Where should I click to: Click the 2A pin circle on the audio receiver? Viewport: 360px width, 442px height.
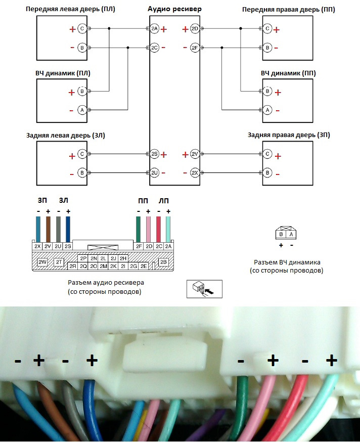point(155,28)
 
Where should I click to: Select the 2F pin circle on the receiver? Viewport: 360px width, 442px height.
point(195,48)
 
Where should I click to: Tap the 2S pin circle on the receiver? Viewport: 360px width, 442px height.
point(155,154)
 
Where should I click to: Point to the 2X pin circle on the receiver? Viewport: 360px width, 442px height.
point(195,172)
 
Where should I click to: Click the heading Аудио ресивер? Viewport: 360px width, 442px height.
point(174,9)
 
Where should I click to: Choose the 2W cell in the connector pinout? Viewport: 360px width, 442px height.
point(42,262)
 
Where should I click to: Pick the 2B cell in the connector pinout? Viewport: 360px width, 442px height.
point(163,262)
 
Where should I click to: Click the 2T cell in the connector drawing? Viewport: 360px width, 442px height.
point(59,262)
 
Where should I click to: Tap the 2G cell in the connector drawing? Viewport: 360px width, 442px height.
point(133,266)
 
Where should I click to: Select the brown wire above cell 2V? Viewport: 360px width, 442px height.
point(48,230)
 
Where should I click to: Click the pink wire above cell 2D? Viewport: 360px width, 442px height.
point(148,230)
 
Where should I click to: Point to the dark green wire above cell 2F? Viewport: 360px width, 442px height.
point(139,230)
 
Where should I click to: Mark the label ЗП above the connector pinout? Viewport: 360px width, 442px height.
point(42,200)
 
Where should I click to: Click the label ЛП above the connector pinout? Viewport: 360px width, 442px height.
point(163,201)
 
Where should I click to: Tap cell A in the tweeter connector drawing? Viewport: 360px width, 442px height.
point(291,234)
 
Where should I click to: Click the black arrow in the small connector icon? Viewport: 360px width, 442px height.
point(209,290)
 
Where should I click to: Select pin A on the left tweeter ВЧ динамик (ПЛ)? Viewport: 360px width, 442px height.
point(82,110)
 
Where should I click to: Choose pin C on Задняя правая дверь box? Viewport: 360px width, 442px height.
point(267,154)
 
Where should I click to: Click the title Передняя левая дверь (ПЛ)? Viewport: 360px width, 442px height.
point(70,9)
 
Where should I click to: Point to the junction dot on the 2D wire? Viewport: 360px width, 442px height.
point(241,28)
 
